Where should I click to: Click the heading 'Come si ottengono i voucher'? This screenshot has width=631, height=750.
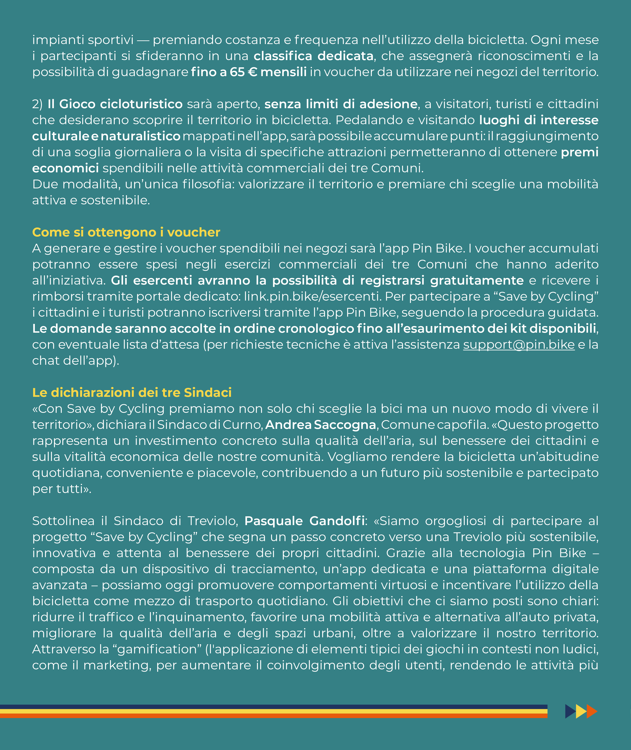[x=126, y=232]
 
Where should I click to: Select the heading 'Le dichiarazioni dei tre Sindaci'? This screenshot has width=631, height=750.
[x=132, y=393]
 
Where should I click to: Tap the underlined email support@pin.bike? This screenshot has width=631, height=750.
[x=519, y=345]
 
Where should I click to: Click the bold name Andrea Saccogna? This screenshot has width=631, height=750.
[x=321, y=425]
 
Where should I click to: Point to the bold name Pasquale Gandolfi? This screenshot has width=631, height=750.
[x=304, y=521]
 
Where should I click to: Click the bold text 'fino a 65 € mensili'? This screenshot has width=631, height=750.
[x=249, y=72]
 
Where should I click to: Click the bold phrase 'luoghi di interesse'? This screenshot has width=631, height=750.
[x=538, y=120]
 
